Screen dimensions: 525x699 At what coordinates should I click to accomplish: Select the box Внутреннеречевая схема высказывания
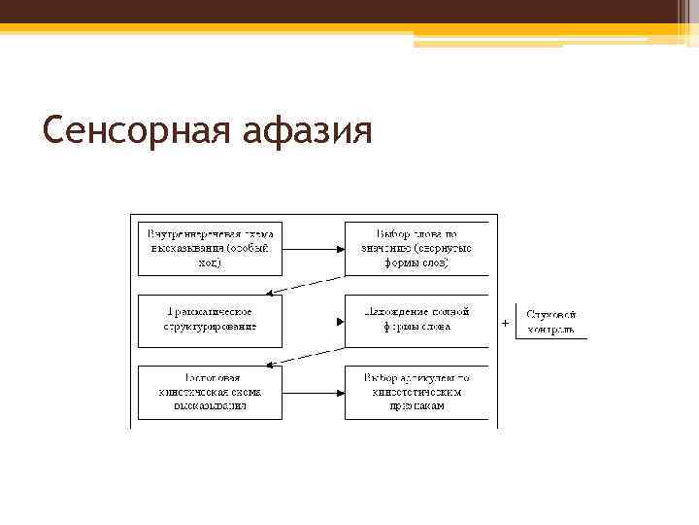(210, 249)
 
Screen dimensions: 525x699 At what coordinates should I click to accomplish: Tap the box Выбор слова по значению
(416, 249)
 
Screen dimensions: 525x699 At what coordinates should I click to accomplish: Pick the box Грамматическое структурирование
(210, 320)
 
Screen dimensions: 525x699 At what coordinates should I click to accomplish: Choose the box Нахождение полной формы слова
(416, 320)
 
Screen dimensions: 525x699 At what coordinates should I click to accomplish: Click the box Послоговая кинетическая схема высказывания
(210, 392)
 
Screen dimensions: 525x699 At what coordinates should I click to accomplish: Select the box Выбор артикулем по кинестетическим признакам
(416, 392)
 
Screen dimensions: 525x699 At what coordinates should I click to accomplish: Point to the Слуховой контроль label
(550, 322)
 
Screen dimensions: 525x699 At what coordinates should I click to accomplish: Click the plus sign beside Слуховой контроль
(504, 322)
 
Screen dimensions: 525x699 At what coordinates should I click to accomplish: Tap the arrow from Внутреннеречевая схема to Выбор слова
(313, 249)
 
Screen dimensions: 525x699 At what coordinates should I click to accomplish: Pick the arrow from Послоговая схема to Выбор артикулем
(313, 392)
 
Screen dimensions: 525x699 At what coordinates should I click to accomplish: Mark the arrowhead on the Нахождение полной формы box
(340, 321)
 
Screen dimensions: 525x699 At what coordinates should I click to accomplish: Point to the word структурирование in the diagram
(210, 328)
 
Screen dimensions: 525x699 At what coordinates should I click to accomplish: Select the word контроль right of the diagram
(550, 330)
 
